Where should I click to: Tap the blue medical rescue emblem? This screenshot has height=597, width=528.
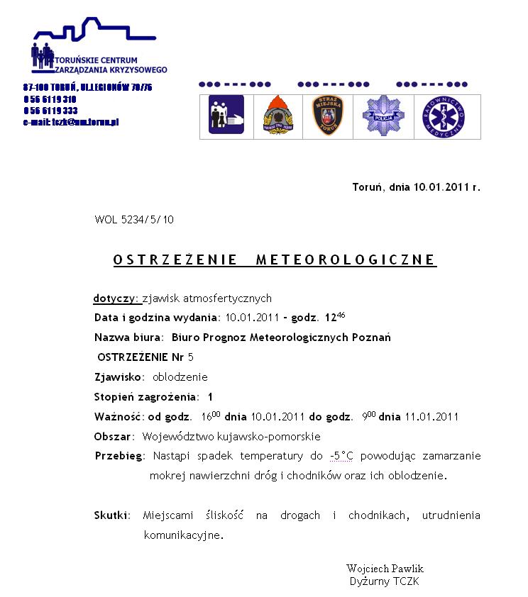(444, 116)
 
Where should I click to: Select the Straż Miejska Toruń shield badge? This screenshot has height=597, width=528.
(327, 116)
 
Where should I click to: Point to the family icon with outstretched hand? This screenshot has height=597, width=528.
(226, 116)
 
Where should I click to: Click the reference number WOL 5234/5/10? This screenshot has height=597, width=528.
(134, 220)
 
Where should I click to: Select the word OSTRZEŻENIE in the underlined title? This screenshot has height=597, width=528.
(175, 260)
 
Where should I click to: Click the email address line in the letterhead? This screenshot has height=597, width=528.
(71, 122)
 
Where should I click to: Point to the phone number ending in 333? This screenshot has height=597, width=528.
(51, 111)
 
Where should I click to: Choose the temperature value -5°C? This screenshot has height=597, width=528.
(341, 456)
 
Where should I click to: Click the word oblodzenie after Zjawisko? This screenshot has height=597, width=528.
(180, 377)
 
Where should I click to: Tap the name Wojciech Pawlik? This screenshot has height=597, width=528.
(385, 569)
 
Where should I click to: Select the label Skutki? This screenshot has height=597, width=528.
(111, 515)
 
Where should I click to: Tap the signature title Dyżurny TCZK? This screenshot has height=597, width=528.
(385, 581)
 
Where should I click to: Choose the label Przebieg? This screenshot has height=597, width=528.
(119, 456)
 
